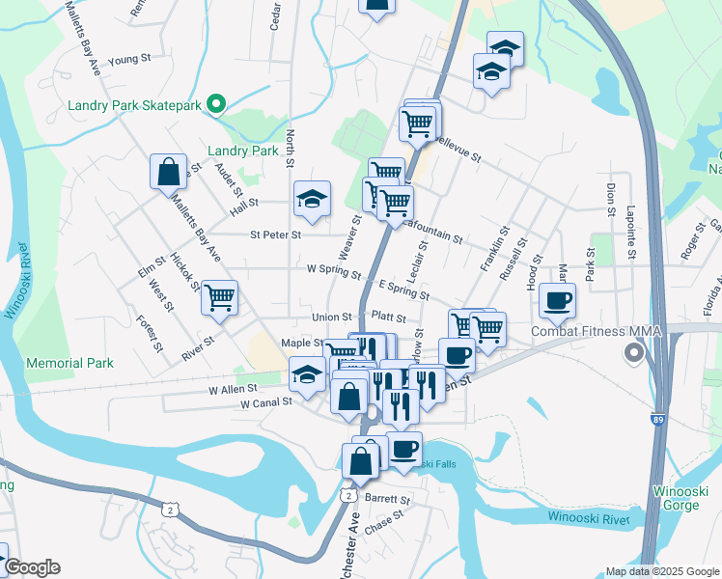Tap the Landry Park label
click(x=243, y=151)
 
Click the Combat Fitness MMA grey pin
click(x=633, y=353)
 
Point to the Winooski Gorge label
click(x=682, y=499)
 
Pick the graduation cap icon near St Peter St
click(x=312, y=199)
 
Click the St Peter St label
click(x=275, y=234)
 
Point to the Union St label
click(x=331, y=317)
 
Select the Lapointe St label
click(x=630, y=232)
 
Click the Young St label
click(x=130, y=60)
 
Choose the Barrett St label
click(x=388, y=500)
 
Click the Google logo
click(x=31, y=567)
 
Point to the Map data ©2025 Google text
click(x=661, y=571)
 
